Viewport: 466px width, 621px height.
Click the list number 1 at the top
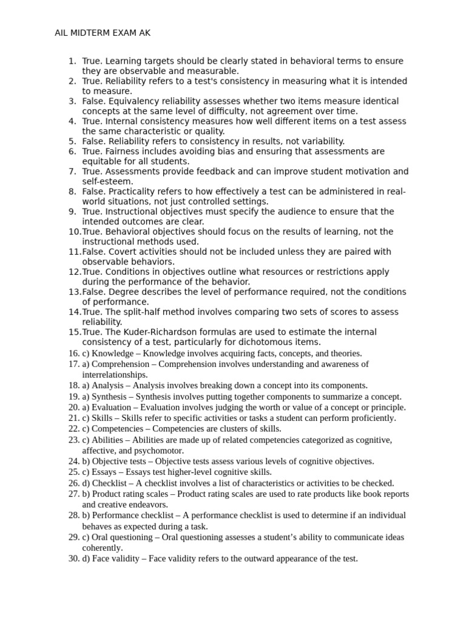(72, 61)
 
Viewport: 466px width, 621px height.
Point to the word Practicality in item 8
(133, 192)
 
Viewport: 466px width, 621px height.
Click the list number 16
(73, 354)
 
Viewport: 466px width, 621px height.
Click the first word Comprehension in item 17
(120, 364)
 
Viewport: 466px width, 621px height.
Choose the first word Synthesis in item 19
(112, 397)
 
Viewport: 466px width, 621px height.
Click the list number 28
(73, 515)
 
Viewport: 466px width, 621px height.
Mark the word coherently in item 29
(102, 548)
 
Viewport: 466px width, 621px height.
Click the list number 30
(73, 559)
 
